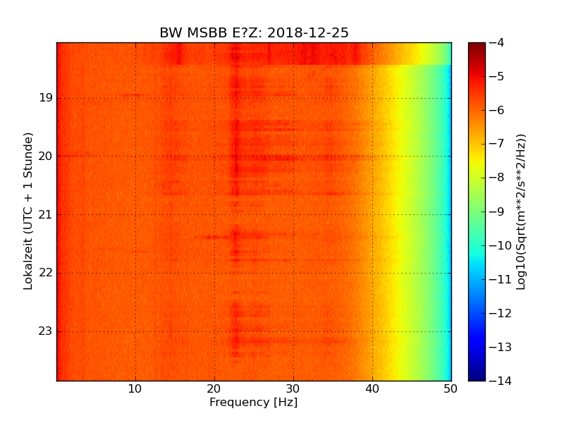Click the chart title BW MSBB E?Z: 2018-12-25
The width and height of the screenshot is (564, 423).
tap(254, 33)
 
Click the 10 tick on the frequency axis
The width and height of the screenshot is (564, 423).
tap(135, 388)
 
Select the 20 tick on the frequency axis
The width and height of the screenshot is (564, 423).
tap(214, 388)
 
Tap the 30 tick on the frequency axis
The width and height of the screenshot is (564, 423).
tap(293, 388)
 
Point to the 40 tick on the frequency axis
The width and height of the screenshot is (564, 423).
tap(372, 388)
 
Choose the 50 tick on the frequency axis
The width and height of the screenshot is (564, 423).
tap(451, 388)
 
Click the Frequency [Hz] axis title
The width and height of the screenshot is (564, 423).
tap(254, 403)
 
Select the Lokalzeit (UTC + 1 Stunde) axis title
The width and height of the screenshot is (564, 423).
tap(29, 211)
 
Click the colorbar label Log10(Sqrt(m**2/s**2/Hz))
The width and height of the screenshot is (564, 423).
tap(522, 211)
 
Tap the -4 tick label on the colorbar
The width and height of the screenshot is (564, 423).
tap(496, 43)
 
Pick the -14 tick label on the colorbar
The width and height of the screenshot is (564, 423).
tap(498, 381)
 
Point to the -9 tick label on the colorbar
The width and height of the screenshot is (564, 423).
tap(496, 211)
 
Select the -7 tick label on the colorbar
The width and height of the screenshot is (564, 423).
tap(496, 145)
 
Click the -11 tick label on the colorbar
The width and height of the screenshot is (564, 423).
tap(498, 280)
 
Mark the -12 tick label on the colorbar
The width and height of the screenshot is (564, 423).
tap(498, 314)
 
